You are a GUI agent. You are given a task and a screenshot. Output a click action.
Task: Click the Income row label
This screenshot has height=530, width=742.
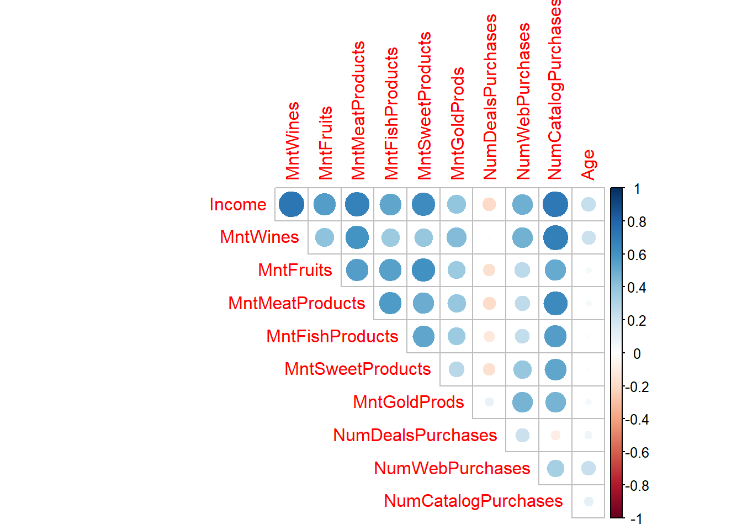click(x=238, y=204)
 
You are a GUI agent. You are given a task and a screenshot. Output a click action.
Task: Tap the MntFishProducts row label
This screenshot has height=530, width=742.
click(x=332, y=336)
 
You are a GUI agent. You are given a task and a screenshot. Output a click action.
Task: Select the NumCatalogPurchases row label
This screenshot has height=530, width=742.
click(x=473, y=501)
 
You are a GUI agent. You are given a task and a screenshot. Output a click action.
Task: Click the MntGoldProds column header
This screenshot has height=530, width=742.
click(x=457, y=123)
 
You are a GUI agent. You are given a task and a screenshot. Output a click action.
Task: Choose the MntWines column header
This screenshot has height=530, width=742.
click(x=292, y=140)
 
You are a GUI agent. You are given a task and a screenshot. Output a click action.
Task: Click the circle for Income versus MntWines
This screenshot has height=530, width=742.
click(x=291, y=204)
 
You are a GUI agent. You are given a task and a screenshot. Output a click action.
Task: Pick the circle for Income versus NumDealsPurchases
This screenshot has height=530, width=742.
click(x=489, y=204)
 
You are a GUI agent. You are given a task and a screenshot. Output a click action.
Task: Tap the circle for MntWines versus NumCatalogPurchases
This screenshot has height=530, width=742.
click(x=555, y=237)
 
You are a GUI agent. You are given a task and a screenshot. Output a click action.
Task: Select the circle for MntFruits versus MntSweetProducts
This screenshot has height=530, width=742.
click(x=423, y=270)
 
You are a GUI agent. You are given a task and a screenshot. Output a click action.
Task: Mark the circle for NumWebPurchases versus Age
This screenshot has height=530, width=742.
click(x=589, y=468)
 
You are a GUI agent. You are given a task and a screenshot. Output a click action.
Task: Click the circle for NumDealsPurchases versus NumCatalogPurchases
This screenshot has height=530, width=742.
click(x=555, y=435)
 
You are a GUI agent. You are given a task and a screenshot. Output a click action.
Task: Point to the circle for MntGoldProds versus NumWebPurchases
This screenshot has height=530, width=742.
click(x=522, y=402)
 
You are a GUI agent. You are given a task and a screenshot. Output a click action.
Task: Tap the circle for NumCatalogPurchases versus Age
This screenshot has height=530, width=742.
click(x=589, y=501)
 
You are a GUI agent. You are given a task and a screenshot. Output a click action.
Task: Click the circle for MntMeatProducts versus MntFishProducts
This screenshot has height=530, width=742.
click(x=390, y=303)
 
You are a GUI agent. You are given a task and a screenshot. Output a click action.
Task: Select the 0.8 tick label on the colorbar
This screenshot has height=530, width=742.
click(x=637, y=222)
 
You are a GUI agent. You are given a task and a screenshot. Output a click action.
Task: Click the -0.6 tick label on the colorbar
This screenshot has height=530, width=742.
click(x=637, y=453)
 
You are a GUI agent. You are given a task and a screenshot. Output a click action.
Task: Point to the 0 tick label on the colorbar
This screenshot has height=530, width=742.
click(x=637, y=354)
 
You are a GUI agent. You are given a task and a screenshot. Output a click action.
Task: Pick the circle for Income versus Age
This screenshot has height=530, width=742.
click(x=589, y=204)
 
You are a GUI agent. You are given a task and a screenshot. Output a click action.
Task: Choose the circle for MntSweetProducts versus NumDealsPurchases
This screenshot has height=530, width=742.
click(x=489, y=369)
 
